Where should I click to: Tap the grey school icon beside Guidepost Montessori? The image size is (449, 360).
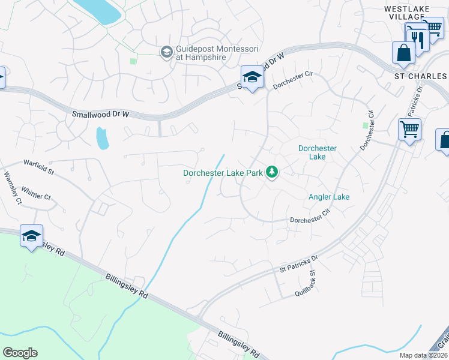(x=166, y=53)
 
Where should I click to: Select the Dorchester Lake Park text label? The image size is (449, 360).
(x=223, y=173)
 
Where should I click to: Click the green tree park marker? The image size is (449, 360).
(x=273, y=173)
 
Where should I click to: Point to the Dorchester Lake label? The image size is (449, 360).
(x=318, y=152)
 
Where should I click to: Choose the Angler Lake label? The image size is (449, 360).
(x=328, y=197)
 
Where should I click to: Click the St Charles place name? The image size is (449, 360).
(x=420, y=76)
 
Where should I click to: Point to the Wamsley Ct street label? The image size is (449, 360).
(x=13, y=189)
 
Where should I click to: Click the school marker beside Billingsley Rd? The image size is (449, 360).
(x=31, y=235)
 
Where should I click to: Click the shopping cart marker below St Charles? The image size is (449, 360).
(x=409, y=128)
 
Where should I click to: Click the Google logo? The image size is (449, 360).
(x=20, y=353)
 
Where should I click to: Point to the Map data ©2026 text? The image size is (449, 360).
(x=424, y=355)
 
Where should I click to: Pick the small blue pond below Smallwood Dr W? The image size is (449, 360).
(x=103, y=139)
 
